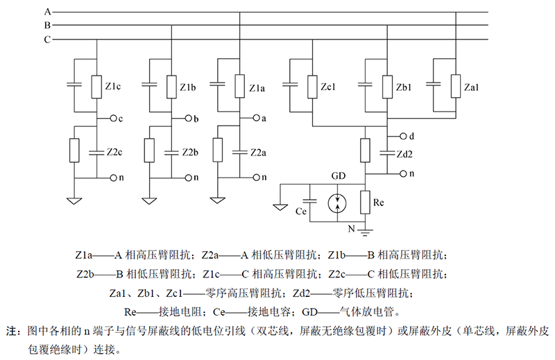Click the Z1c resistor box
[96, 86]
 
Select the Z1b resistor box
[170, 86]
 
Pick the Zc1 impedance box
[312, 86]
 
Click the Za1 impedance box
[455, 86]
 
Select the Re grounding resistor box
[366, 202]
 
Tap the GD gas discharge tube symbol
[339, 202]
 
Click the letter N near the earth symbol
[350, 227]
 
